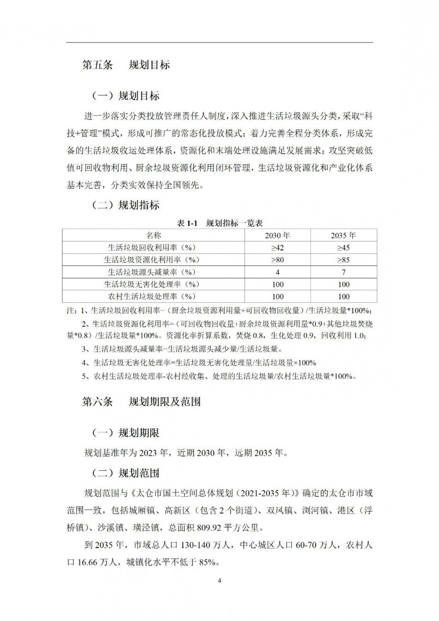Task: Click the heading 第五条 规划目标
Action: [x=126, y=65]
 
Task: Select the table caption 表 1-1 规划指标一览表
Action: [x=219, y=223]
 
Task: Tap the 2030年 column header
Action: [x=277, y=235]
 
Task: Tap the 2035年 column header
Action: [x=343, y=235]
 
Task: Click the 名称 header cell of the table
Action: [x=154, y=235]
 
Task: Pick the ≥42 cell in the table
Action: [x=277, y=247]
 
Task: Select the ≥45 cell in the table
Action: [x=343, y=247]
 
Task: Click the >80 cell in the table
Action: [x=277, y=260]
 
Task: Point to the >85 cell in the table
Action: [x=343, y=260]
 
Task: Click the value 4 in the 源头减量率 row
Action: [x=277, y=272]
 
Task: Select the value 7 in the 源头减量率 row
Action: [x=343, y=272]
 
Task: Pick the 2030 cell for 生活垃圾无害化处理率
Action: [x=277, y=284]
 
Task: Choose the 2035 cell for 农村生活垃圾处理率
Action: [x=343, y=296]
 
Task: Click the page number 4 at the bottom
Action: [x=219, y=581]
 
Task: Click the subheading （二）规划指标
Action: [x=125, y=205]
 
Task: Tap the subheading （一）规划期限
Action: [x=125, y=433]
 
